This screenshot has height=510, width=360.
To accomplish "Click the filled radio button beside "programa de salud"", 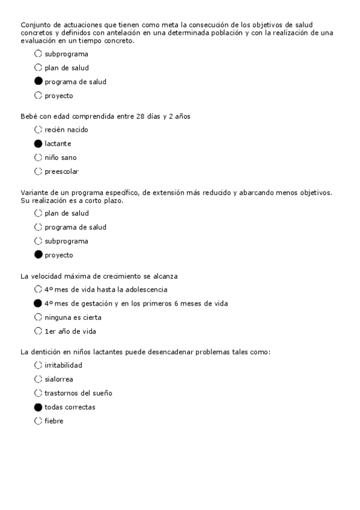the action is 38,82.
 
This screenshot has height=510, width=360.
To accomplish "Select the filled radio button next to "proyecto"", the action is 38,255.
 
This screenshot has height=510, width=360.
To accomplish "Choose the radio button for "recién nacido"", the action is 38,130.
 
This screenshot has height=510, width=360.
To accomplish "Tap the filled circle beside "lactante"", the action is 38,144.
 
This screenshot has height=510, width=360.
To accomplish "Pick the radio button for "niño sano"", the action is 38,158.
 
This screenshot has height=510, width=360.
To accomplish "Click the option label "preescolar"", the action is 61,171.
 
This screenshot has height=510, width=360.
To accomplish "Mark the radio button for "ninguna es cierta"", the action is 38,317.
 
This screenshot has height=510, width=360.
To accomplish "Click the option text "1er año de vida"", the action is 70,331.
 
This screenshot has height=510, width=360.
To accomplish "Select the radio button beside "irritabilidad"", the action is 38,365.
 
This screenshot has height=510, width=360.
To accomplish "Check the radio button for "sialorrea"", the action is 38,379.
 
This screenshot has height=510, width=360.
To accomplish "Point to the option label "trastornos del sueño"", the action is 78,393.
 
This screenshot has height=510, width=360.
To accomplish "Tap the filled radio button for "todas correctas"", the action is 38,407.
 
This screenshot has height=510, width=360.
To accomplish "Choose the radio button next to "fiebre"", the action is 38,421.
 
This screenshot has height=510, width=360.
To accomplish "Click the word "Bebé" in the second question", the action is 29,116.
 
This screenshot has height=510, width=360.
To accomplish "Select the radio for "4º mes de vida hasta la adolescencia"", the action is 38,289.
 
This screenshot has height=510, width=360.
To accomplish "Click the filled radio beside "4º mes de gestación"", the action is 38,303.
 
